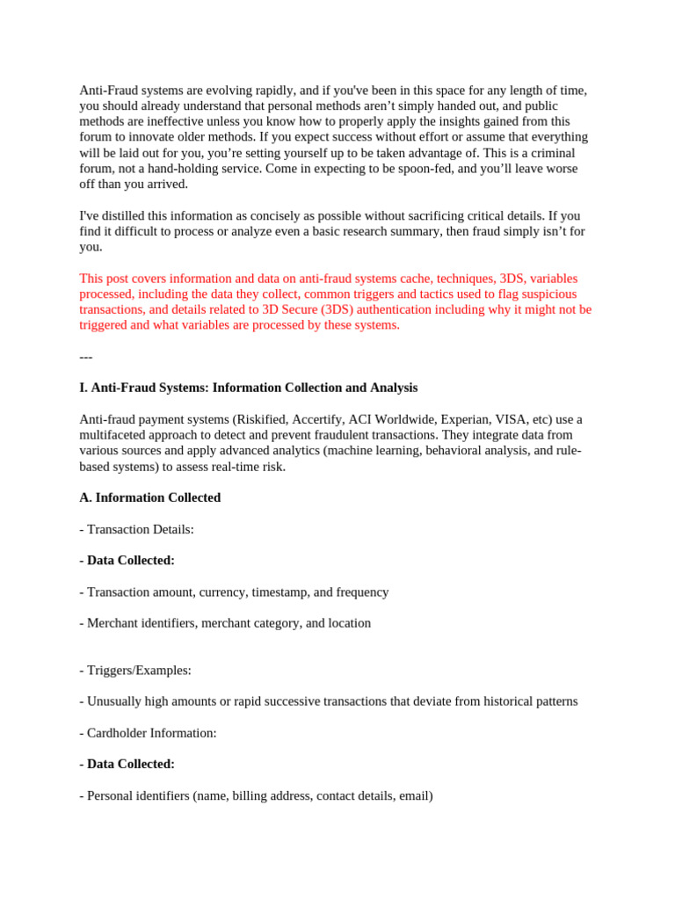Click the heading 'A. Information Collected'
coord(149,497)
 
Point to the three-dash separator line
coord(86,357)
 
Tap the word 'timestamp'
coord(279,592)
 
